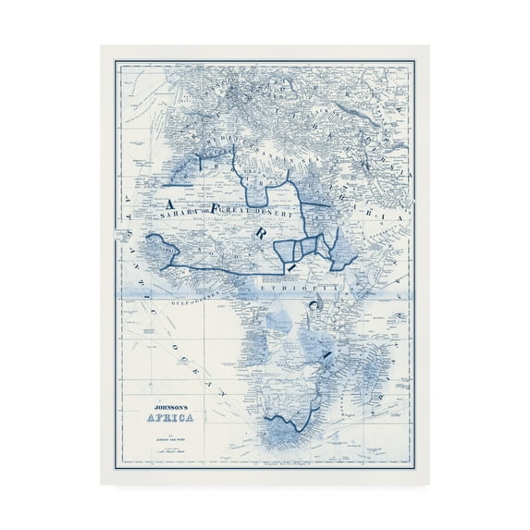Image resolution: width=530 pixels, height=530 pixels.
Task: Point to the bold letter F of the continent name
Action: coord(220,208)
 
